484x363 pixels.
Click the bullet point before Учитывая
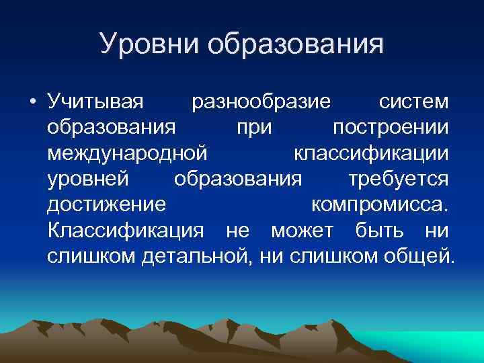[x=33, y=103]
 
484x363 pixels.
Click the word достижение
[x=106, y=204]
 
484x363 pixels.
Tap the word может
[x=302, y=230]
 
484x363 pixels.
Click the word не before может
[x=237, y=230]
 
